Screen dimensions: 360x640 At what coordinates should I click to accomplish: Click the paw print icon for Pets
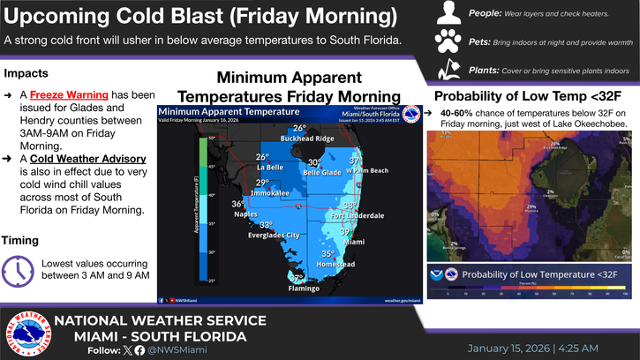449,41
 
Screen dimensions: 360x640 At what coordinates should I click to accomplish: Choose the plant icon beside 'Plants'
449,69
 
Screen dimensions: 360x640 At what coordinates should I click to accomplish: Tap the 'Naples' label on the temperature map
246,213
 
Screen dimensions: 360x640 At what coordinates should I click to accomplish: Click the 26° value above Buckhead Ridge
300,129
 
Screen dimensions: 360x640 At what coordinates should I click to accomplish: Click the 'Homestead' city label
335,264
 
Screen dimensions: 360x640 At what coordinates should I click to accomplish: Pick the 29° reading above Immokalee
262,183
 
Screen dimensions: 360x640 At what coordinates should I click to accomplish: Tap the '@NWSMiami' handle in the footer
178,349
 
